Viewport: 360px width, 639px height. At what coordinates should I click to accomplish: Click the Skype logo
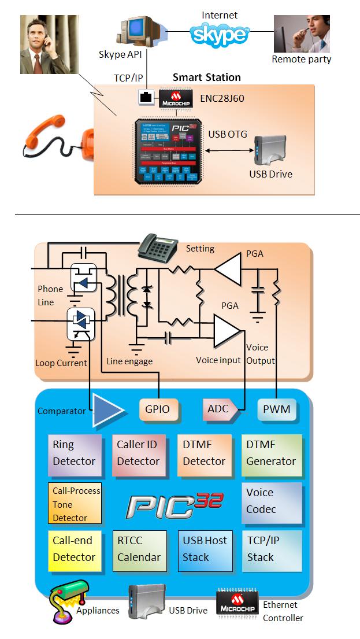(220, 34)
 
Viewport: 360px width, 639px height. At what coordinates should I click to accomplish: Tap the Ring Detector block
(73, 453)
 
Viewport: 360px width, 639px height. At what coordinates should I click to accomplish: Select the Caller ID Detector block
(138, 453)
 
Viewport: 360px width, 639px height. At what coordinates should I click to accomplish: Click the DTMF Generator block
(270, 453)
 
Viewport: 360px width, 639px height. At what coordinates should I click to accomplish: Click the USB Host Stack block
(205, 549)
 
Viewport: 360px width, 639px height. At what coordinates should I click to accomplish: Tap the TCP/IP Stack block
(270, 549)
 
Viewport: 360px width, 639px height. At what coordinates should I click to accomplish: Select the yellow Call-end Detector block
(73, 549)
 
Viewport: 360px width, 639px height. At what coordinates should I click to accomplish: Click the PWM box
(276, 409)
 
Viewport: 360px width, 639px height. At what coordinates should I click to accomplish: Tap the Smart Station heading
(206, 77)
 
